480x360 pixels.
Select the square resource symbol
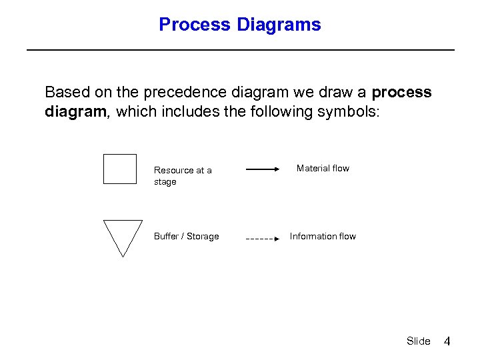pyautogui.click(x=120, y=169)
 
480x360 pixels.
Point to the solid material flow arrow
pyautogui.click(x=263, y=170)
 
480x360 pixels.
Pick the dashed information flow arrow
pyautogui.click(x=263, y=238)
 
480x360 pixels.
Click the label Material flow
pyautogui.click(x=323, y=169)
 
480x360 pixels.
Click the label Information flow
pyautogui.click(x=323, y=237)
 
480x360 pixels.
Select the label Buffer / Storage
pyautogui.click(x=186, y=237)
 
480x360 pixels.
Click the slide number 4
pyautogui.click(x=447, y=341)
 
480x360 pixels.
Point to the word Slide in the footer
pyautogui.click(x=418, y=341)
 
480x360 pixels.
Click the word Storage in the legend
pyautogui.click(x=203, y=237)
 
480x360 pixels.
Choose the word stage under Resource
pyautogui.click(x=165, y=182)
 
